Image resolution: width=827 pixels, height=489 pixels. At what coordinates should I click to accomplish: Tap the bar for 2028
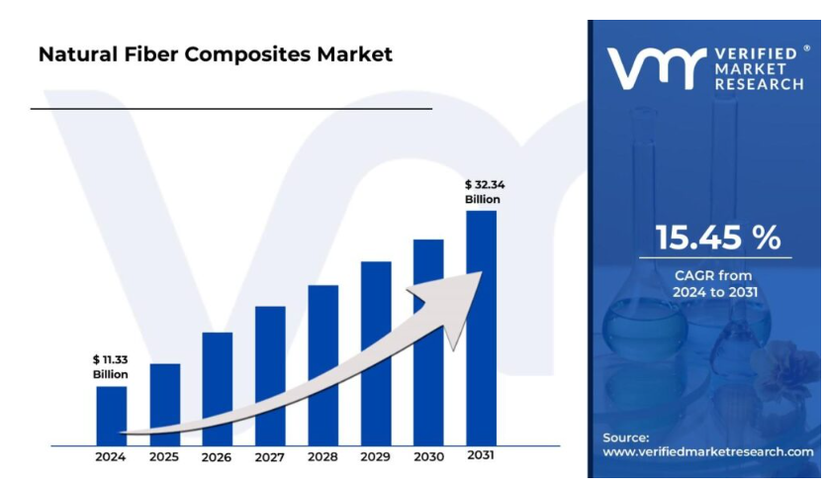(x=322, y=363)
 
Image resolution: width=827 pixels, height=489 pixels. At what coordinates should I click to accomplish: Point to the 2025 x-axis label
(x=164, y=457)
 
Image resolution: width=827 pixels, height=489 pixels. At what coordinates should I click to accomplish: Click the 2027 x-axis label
(x=270, y=457)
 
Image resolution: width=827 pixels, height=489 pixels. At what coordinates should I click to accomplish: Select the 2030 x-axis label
(x=428, y=457)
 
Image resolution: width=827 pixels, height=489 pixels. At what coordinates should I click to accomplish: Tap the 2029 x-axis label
(x=376, y=457)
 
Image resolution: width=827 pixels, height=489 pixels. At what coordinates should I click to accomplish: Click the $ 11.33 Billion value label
(x=111, y=366)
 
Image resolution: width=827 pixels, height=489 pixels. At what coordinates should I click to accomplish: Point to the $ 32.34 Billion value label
(x=483, y=192)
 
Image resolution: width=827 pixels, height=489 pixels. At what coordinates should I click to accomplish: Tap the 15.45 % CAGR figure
(x=718, y=238)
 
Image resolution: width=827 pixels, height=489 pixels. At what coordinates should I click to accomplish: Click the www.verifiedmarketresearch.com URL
(x=708, y=451)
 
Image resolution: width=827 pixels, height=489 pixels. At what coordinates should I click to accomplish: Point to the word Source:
(x=626, y=437)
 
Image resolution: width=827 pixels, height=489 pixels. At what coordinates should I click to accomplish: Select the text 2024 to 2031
(x=714, y=291)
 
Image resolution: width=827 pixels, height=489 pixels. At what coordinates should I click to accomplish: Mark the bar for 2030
(x=428, y=342)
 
